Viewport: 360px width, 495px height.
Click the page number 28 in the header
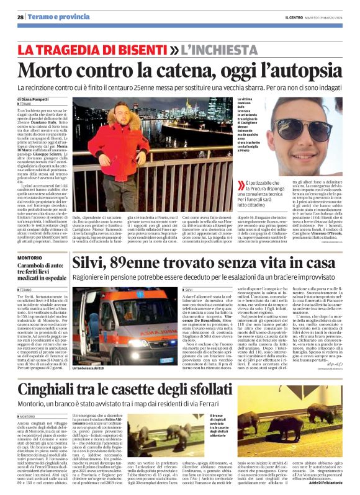click(20, 17)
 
